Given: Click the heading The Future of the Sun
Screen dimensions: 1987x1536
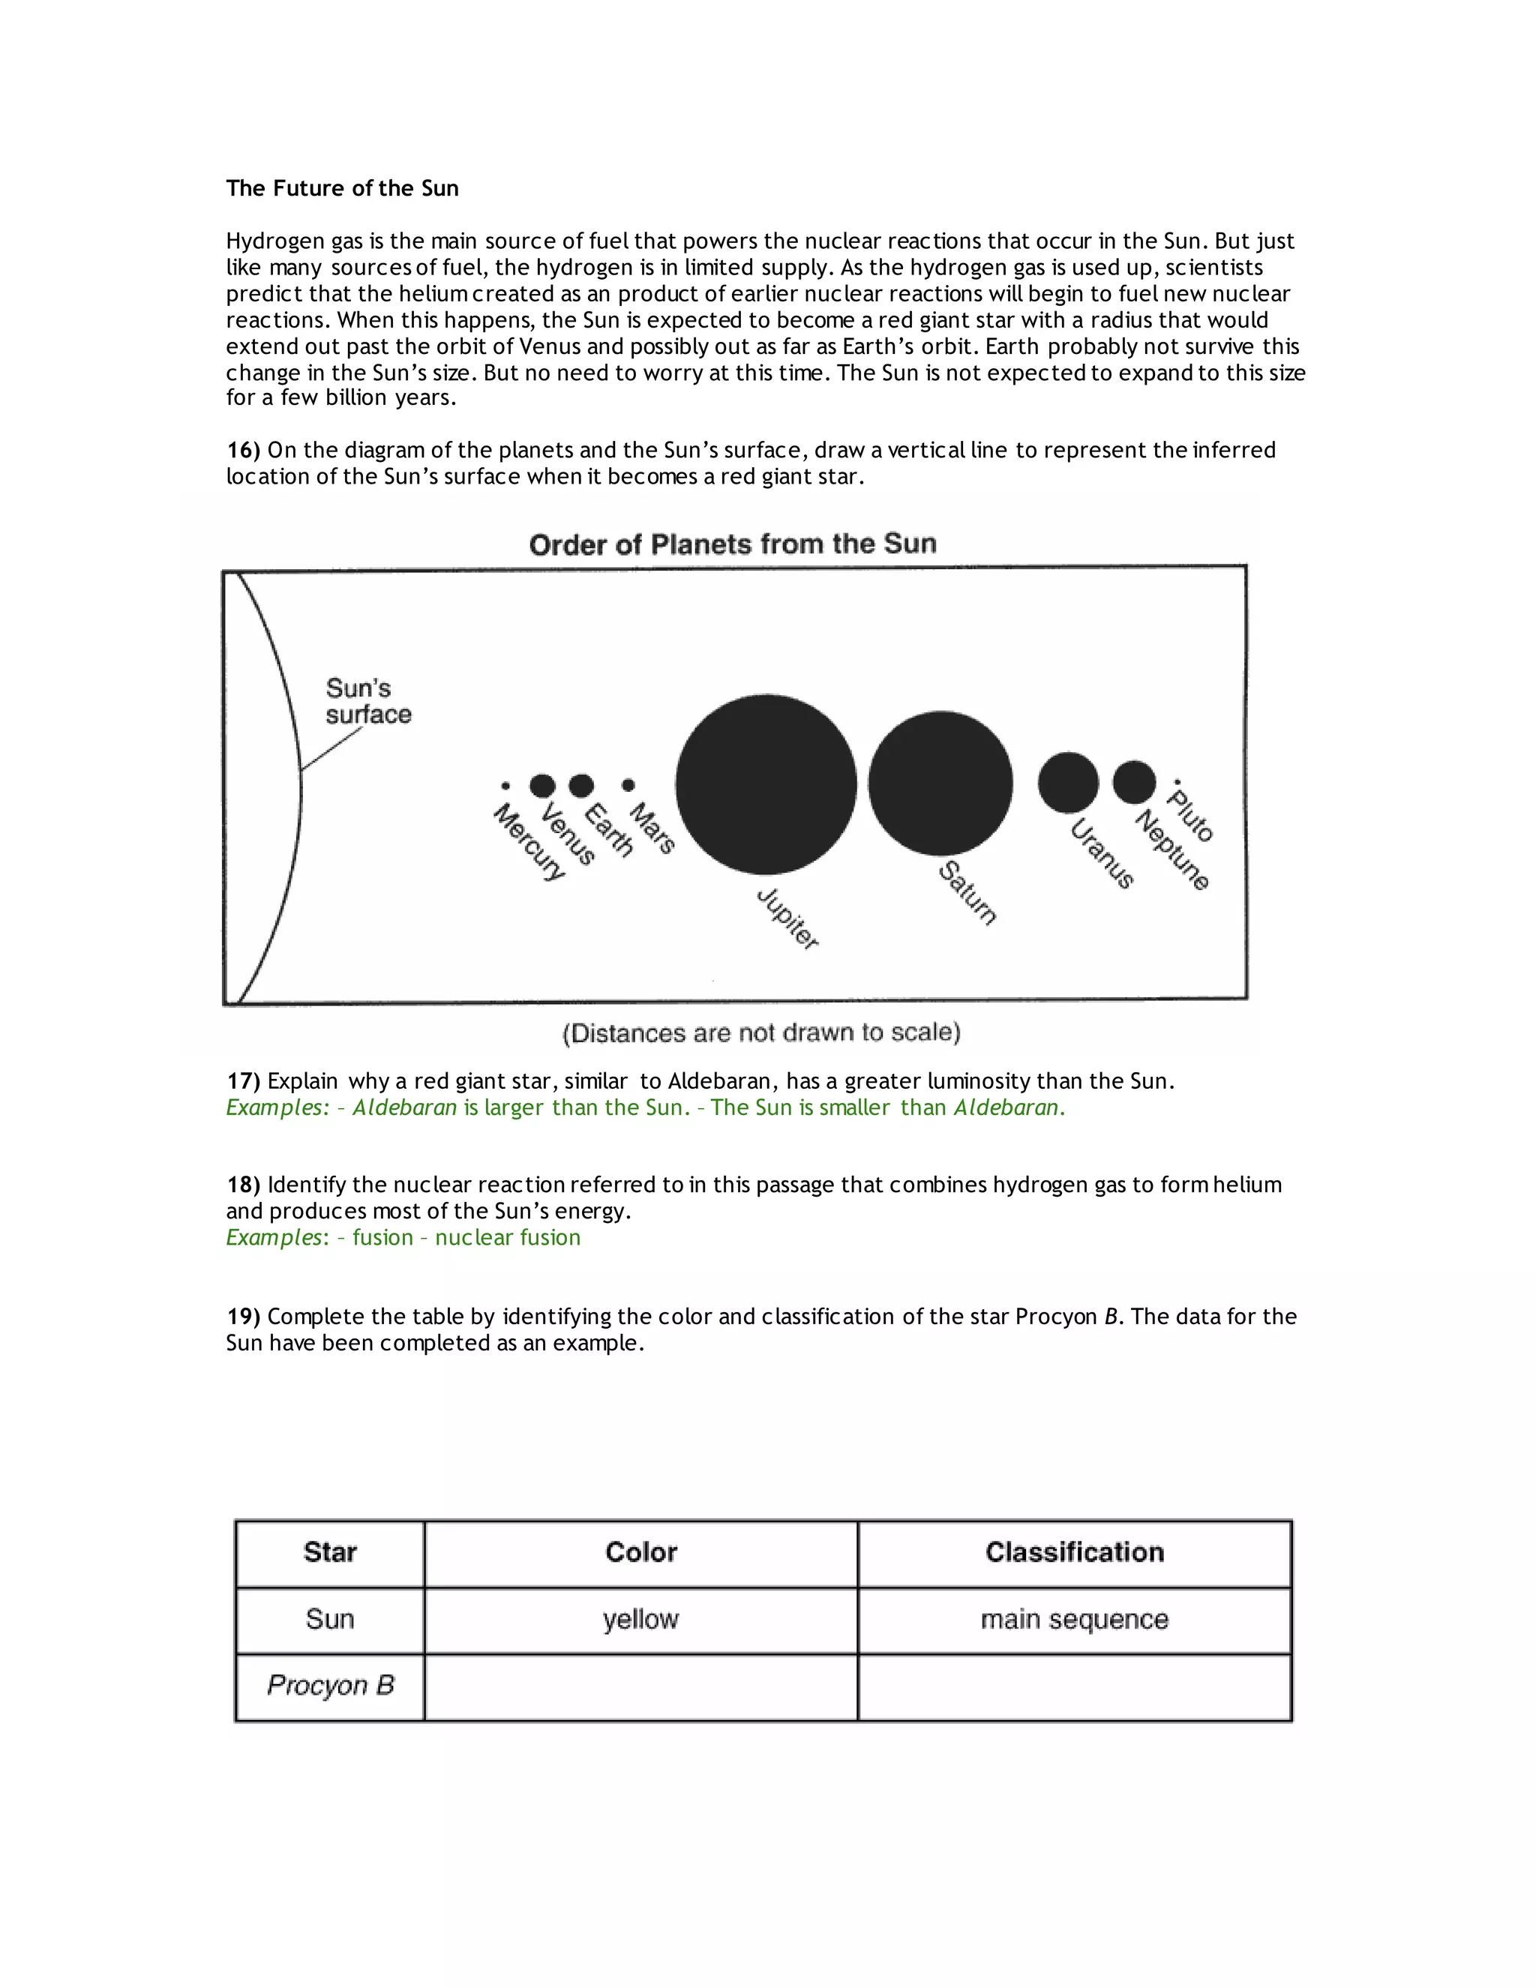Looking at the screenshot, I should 342,188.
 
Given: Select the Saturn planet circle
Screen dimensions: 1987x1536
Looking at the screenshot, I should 940,784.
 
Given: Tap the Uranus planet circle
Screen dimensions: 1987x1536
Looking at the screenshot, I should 1067,782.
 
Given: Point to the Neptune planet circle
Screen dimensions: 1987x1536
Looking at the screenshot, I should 1134,781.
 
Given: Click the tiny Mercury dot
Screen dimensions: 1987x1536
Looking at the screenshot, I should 505,786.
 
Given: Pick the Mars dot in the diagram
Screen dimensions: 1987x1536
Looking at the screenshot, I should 628,785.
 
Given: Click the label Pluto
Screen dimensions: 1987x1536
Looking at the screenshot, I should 1191,816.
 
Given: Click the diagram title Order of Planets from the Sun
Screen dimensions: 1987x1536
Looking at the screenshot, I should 733,544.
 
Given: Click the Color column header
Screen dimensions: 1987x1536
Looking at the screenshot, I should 640,1552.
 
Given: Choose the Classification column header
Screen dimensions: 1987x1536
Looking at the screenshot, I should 1074,1552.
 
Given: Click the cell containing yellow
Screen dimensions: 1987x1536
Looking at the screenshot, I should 640,1620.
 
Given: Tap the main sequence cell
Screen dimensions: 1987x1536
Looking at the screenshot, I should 1074,1620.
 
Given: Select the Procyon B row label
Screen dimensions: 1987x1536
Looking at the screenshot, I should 330,1686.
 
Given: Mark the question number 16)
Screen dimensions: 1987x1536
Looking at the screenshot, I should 243,451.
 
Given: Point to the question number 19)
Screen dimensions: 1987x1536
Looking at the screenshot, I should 243,1317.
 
